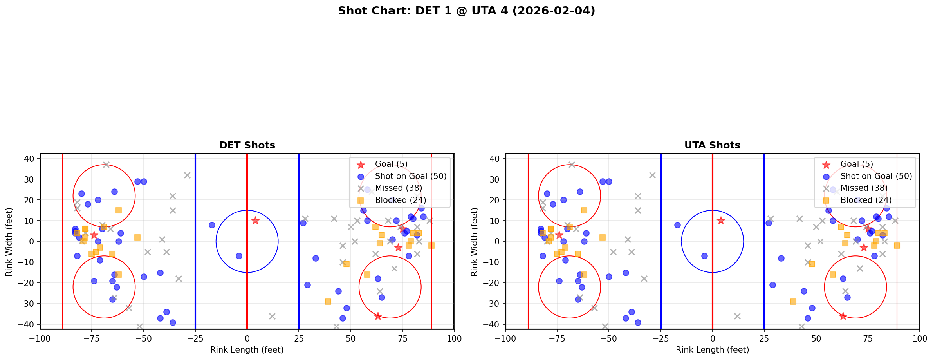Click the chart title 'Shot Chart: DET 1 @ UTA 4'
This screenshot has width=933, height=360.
[x=466, y=11]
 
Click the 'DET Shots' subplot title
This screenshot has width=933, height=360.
[x=247, y=145]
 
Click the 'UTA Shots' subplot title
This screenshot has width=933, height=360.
[x=712, y=145]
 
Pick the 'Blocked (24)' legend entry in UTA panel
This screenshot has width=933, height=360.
[x=866, y=200]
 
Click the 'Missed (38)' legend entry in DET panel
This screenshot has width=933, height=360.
[x=398, y=188]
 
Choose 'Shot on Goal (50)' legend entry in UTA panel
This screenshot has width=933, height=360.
[x=876, y=176]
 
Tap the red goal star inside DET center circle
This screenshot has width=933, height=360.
[x=255, y=221]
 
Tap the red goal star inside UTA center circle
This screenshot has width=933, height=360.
[x=721, y=221]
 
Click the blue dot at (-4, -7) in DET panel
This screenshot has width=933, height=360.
[x=239, y=256]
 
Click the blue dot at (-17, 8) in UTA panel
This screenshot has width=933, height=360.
[x=677, y=225]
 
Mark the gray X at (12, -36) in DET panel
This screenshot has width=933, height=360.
[x=272, y=316]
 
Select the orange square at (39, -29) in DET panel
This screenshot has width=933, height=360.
[x=328, y=302]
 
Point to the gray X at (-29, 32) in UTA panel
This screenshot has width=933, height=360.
[x=652, y=175]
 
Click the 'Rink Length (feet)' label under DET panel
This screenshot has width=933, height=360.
[x=247, y=350]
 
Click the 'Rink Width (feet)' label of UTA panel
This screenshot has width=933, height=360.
[x=475, y=241]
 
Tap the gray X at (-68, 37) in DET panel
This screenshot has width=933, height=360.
[x=106, y=165]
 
